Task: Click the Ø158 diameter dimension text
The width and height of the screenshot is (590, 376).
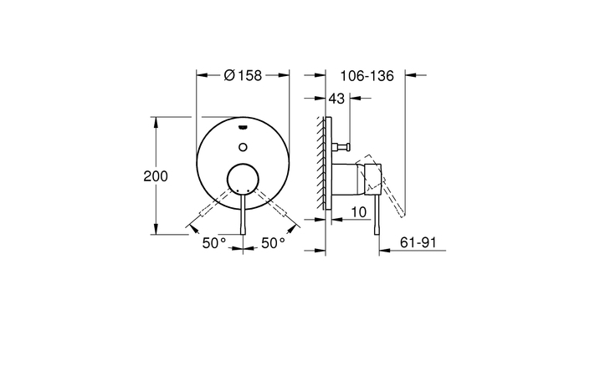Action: (244, 75)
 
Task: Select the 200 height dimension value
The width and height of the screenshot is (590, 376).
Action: (156, 176)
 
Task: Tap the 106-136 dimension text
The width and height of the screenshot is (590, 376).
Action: (366, 75)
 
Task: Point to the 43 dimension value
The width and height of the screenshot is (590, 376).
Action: (336, 99)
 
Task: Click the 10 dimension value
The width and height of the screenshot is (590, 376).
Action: (357, 213)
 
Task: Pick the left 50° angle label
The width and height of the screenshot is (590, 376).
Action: (213, 243)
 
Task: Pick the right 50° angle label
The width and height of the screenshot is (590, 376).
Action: (273, 243)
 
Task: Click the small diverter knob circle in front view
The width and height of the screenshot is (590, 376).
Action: (243, 147)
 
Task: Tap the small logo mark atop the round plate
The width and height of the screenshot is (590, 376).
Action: (243, 127)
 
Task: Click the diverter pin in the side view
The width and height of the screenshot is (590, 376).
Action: (340, 147)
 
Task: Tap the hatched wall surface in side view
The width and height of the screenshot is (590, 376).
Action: (321, 163)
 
